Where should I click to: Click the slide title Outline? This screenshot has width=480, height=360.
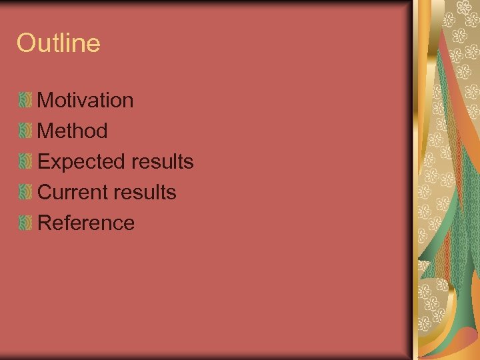coord(59,43)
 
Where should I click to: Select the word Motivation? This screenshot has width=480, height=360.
coord(85,101)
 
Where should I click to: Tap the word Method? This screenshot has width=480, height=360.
coord(72,131)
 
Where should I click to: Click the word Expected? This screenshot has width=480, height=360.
coord(81,162)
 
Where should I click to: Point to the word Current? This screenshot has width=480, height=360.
coord(74,193)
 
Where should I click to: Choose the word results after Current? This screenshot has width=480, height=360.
coord(145,193)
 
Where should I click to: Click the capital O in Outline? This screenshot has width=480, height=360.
coord(25,43)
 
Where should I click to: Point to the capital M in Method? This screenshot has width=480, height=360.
coord(45,131)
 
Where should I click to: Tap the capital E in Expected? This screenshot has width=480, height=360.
coord(44,162)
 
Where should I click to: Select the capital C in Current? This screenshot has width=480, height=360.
coord(45,193)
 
